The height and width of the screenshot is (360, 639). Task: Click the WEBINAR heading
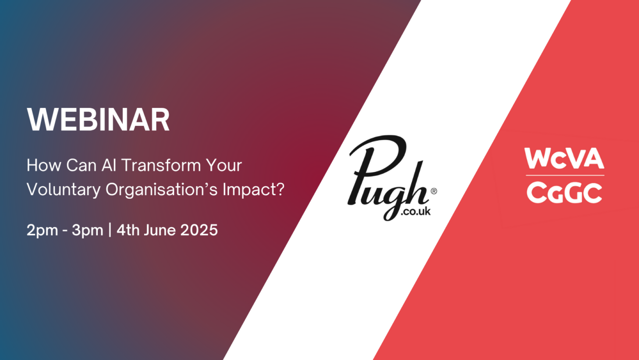[98, 120]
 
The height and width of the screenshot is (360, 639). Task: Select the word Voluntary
[63, 190]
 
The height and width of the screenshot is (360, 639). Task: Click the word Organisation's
[162, 190]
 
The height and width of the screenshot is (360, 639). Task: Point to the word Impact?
[253, 190]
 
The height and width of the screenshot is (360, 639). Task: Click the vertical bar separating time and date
[110, 230]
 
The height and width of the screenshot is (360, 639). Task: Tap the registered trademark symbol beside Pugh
[434, 191]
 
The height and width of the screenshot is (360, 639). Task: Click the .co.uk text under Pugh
[415, 211]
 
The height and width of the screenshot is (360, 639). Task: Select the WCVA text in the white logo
[564, 158]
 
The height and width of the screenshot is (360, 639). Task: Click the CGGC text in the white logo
[565, 192]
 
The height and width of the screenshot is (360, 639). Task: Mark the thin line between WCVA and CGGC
[565, 175]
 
